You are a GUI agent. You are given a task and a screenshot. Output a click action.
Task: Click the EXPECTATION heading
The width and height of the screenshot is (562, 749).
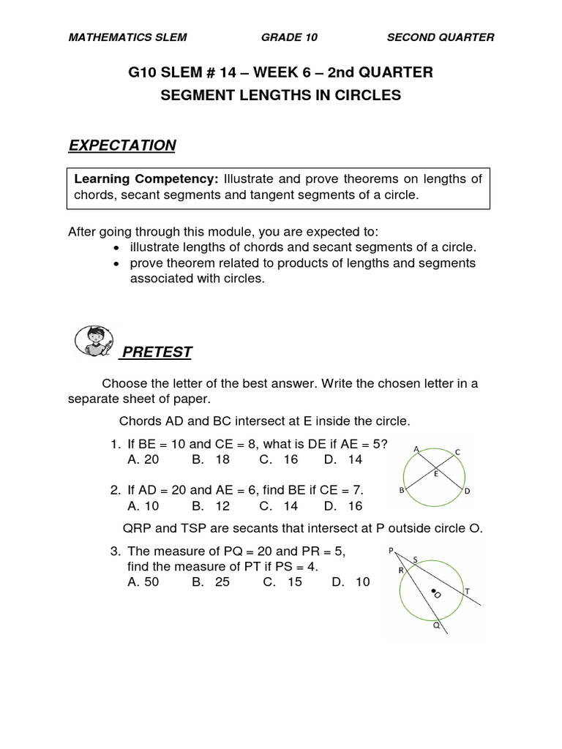pos(122,146)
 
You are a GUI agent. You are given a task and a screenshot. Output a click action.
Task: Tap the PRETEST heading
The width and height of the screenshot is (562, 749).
pos(157,353)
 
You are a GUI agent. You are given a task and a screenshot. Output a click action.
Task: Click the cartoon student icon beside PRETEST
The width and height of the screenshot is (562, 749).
pos(94,342)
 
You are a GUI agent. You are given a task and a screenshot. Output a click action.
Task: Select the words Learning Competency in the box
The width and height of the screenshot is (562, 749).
pos(146,179)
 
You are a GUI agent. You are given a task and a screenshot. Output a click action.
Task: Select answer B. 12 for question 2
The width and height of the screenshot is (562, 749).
pos(211,505)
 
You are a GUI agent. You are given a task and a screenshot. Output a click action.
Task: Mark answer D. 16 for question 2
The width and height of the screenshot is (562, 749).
pos(343,505)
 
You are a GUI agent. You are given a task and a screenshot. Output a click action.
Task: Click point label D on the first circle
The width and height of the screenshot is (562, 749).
pos(467,492)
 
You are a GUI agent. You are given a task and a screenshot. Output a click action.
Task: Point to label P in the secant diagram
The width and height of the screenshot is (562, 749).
pos(391,550)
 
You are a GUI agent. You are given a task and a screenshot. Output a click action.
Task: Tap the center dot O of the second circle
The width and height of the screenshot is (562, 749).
pos(432,591)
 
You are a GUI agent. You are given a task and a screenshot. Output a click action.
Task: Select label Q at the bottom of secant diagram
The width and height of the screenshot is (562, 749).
pos(436,626)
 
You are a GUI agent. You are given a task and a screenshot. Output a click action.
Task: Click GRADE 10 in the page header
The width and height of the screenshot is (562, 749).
pos(289,37)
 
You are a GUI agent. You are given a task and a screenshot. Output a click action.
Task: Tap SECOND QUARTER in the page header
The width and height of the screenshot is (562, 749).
pos(441,37)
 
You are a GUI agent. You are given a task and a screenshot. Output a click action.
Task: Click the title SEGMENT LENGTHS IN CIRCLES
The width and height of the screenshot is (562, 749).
pos(281,96)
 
